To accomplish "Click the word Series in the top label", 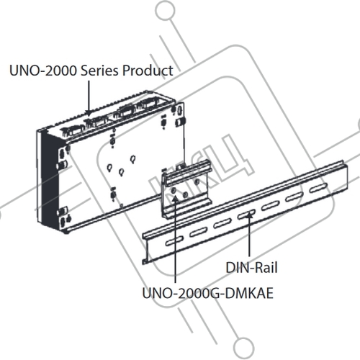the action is point(100,71).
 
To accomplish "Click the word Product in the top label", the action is point(148,71).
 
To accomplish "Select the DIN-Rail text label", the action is point(251,268).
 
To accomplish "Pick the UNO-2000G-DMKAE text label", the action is point(208,293).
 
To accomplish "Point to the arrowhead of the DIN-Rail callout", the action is point(250,215).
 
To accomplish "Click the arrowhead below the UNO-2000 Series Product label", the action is point(89,113).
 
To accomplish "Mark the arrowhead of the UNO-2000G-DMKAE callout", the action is point(176,197).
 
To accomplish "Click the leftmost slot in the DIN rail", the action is point(174,241).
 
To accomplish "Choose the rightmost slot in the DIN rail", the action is point(318,187).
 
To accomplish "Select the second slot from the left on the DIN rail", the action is point(199,232).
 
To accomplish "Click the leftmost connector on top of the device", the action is point(71,131).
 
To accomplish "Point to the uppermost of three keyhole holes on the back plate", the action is point(132,159).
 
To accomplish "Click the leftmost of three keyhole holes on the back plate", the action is point(109,168).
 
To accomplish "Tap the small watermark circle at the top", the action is point(165,10).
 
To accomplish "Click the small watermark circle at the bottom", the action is point(243,348).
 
